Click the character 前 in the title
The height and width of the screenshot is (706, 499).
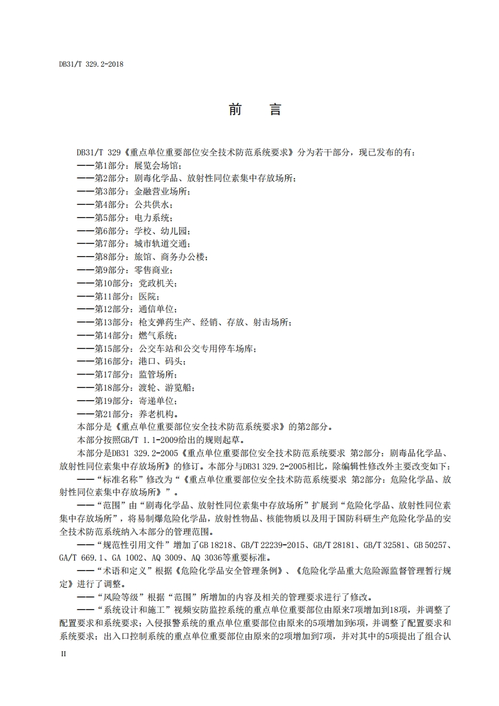(236, 109)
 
